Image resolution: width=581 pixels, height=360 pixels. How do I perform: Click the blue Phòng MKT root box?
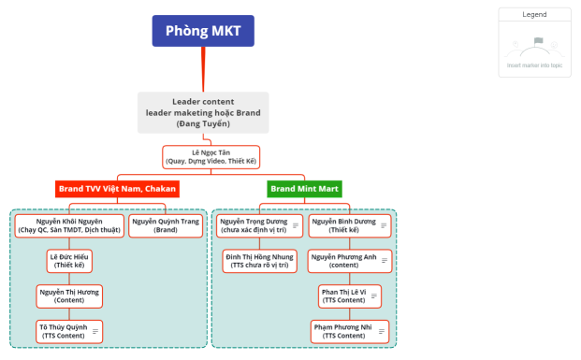point(203,31)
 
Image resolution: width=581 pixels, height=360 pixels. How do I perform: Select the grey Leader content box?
point(203,111)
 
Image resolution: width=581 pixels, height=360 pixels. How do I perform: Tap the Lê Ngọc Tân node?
point(211,156)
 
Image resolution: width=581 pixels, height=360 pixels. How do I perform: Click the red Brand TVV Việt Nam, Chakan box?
point(117,188)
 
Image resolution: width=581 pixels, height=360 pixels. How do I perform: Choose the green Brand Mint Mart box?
point(304,188)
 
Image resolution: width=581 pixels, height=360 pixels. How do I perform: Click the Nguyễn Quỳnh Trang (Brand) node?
point(166,225)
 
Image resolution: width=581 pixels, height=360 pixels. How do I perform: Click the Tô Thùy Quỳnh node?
point(64,331)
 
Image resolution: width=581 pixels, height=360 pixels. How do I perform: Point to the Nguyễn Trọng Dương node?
point(253,225)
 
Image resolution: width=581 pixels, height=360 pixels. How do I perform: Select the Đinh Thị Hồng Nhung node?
point(258,260)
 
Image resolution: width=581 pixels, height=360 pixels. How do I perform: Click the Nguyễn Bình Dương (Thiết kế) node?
point(343,225)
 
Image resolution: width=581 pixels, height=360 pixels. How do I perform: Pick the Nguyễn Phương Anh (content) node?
point(343,260)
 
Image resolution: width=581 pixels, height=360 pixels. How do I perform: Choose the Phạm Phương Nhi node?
point(342,331)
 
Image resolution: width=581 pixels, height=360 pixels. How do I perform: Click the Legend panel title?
point(534,15)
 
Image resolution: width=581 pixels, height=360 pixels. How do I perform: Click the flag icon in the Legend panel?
point(537,41)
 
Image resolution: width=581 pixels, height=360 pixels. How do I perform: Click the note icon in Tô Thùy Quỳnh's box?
point(94,331)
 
